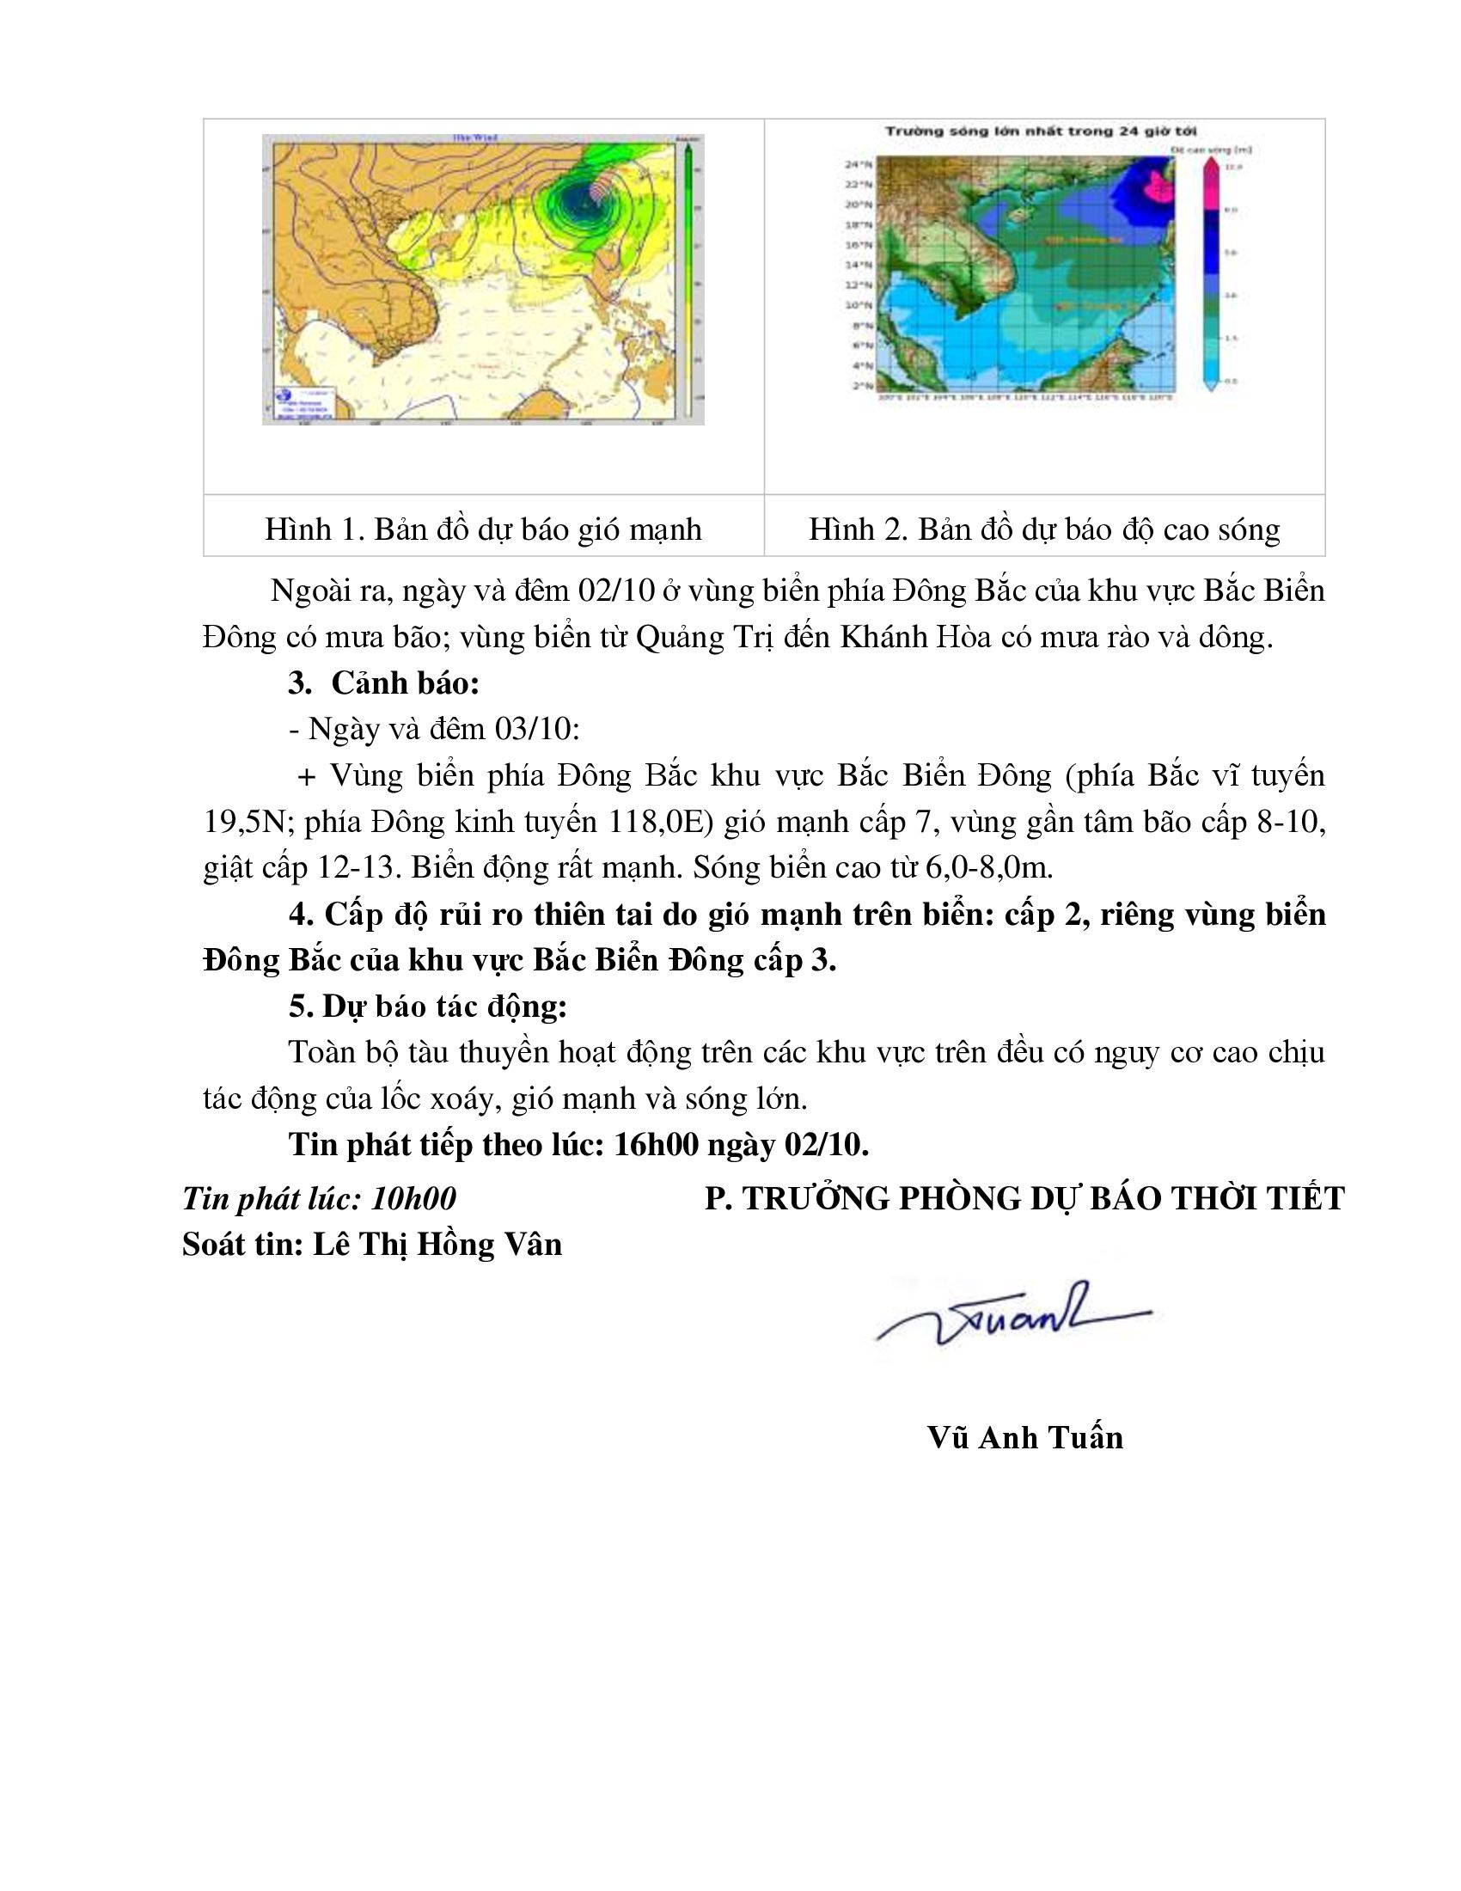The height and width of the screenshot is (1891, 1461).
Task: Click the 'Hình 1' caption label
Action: click(x=314, y=529)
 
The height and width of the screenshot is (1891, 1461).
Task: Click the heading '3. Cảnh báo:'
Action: click(x=383, y=683)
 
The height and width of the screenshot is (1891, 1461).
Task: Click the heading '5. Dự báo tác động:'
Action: click(x=428, y=1007)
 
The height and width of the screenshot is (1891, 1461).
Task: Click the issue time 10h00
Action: click(x=413, y=1198)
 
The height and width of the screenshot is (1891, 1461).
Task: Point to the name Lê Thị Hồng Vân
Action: click(x=437, y=1245)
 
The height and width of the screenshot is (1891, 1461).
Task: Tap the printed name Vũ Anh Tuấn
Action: click(x=1024, y=1437)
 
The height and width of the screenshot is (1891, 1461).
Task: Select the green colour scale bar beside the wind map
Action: click(x=687, y=277)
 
